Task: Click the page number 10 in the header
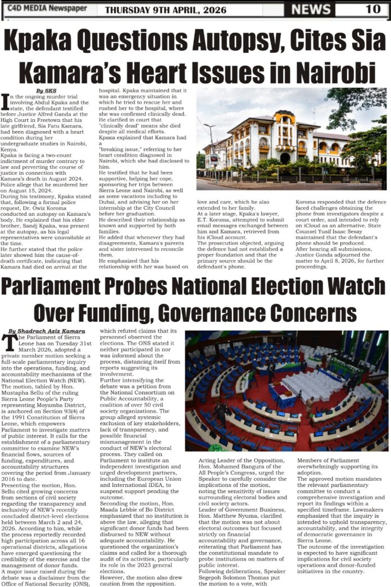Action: (372, 8)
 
